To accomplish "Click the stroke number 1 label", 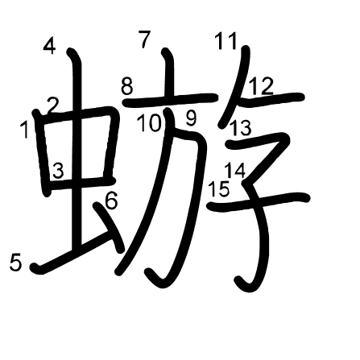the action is click(25, 130).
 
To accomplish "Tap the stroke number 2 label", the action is click(52, 106).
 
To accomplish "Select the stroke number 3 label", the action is click(58, 171).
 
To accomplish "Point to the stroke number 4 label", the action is click(49, 46).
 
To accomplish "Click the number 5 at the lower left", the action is click(15, 263).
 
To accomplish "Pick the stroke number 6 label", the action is click(111, 201).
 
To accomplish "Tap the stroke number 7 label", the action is click(145, 39).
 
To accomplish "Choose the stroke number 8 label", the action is click(126, 86).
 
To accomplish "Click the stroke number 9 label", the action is click(191, 118).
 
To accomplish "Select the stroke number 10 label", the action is click(150, 122).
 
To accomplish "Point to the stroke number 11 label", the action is click(226, 41).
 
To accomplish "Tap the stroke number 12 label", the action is click(261, 86).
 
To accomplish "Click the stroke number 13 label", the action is click(241, 127).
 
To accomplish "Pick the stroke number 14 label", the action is click(235, 171).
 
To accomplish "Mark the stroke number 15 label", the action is click(219, 188).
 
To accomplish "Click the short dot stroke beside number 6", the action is click(109, 227).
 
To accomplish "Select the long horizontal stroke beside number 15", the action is click(259, 202).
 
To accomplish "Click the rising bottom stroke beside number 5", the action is click(72, 251).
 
